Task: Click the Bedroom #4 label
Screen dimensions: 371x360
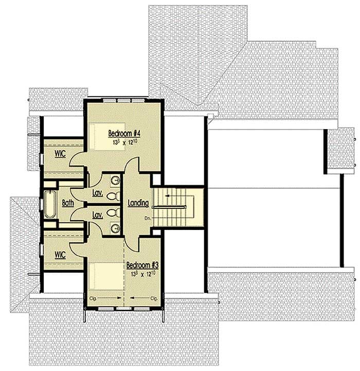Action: [124, 133]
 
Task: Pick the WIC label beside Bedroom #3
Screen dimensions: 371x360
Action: [60, 254]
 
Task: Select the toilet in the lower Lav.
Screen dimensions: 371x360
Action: [116, 211]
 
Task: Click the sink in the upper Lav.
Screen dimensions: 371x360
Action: [115, 180]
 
